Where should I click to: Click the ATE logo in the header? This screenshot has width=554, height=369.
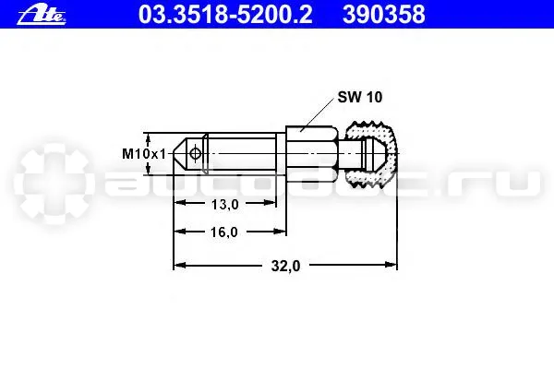[x=42, y=16]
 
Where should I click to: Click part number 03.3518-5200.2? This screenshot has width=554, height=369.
[x=225, y=15]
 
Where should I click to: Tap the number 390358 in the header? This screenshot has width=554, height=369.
[x=384, y=15]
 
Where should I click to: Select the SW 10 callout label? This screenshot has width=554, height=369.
[x=360, y=97]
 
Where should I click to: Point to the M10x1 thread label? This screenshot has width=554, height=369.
[x=144, y=154]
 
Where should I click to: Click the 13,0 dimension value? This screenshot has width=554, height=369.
[x=224, y=204]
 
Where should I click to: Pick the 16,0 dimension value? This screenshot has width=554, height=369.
[x=224, y=232]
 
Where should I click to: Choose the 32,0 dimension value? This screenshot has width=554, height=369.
[x=285, y=266]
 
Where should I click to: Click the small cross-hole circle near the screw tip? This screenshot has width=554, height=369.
[x=195, y=154]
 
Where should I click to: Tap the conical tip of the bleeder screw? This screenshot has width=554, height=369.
[x=180, y=154]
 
